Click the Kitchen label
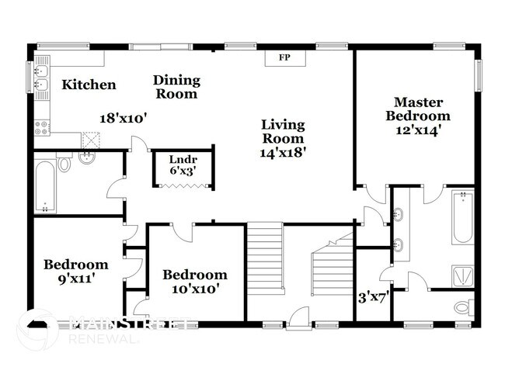pyautogui.click(x=89, y=85)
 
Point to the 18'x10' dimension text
pyautogui.click(x=124, y=118)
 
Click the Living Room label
pyautogui.click(x=283, y=131)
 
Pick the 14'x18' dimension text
pyautogui.click(x=283, y=153)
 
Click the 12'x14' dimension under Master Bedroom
pyautogui.click(x=419, y=130)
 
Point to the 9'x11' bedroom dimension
pyautogui.click(x=75, y=277)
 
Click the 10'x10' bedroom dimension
pyautogui.click(x=194, y=289)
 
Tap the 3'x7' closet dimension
pyautogui.click(x=372, y=296)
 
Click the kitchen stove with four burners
pyautogui.click(x=41, y=127)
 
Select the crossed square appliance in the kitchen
pyautogui.click(x=92, y=140)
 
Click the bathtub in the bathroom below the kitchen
pyautogui.click(x=46, y=185)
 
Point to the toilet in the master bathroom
pyautogui.click(x=464, y=306)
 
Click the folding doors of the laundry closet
pyautogui.click(x=184, y=185)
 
